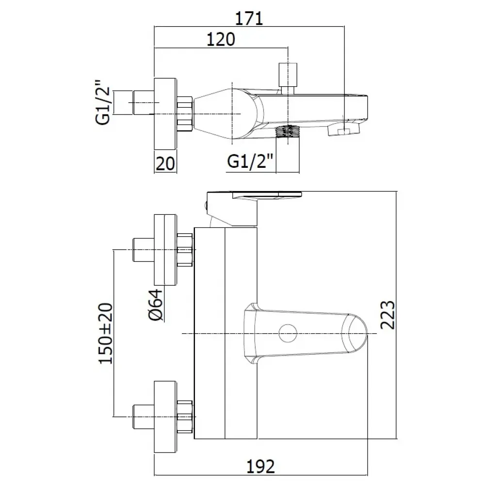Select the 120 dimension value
221,39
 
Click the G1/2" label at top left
104,101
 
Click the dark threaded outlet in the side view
289,131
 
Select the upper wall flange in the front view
166,249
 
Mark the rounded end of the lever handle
358,334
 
